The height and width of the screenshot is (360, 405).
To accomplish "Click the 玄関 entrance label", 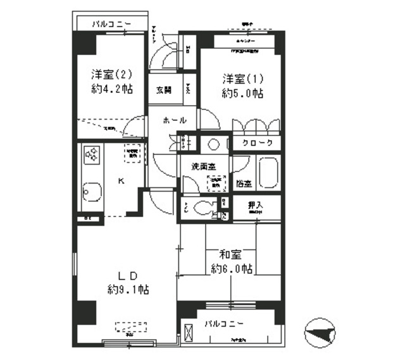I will coord(163,90).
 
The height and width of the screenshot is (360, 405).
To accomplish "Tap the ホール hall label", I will coord(174,120).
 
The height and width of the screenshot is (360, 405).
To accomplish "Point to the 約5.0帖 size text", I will coord(242,93).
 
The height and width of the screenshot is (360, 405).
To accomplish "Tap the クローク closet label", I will coord(257,144).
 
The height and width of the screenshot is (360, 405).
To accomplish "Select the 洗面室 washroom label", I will coord(203,166).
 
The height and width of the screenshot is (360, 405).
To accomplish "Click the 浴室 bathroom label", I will coord(244,183).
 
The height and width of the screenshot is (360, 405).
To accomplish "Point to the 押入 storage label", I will coord(255,205).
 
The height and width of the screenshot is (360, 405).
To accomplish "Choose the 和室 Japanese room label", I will coord(230,255).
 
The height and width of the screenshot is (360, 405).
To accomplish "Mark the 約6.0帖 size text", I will coord(232,269).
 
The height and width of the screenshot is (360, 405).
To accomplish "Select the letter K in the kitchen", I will coord(120,180).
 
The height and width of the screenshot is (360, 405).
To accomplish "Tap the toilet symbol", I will coord(203,208).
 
